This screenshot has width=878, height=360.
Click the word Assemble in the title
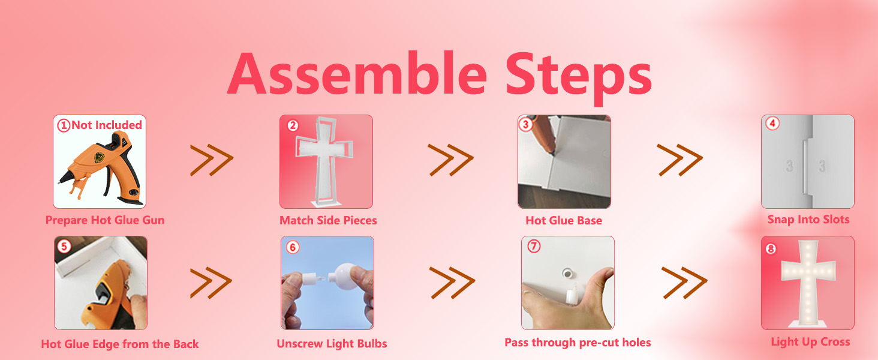(x=357, y=73)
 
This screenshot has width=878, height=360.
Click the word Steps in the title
(x=579, y=78)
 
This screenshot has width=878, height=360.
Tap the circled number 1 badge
(x=64, y=125)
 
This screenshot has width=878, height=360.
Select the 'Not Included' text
(x=107, y=125)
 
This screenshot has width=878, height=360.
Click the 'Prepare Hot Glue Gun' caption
(x=105, y=220)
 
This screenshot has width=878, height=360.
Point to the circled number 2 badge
(x=293, y=125)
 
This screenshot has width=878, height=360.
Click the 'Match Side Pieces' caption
(x=328, y=220)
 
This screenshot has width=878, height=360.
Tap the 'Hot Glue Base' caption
(x=564, y=220)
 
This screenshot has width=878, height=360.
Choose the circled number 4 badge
(x=772, y=124)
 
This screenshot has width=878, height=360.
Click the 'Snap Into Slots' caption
(x=808, y=220)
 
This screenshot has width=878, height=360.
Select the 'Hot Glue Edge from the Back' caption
(x=120, y=344)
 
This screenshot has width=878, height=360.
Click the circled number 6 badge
(x=293, y=247)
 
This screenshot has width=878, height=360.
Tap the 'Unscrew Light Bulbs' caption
(x=332, y=344)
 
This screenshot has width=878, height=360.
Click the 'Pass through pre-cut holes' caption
(x=578, y=343)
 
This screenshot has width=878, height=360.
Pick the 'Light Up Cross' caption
(x=810, y=342)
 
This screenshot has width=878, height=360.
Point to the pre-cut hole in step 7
(x=566, y=274)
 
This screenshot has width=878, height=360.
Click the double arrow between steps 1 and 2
(x=212, y=160)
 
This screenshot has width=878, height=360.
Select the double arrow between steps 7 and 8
(x=684, y=283)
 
